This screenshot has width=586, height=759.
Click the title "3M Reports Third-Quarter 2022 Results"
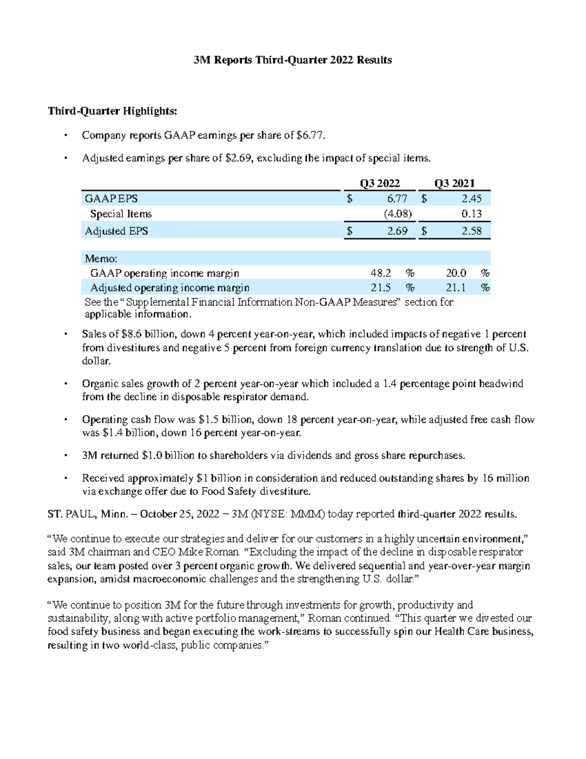[293, 60]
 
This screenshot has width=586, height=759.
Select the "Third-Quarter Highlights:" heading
[112, 111]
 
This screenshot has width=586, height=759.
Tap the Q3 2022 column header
[380, 183]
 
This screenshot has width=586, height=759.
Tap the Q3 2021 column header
[455, 183]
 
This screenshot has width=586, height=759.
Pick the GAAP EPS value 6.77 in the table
[397, 198]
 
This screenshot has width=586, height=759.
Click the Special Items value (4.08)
[398, 214]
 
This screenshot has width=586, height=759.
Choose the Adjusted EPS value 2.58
[472, 231]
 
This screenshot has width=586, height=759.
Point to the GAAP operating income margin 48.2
[380, 273]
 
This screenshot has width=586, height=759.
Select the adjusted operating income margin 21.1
[456, 287]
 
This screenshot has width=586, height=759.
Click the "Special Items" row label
[121, 214]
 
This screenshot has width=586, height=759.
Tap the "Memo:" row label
[101, 259]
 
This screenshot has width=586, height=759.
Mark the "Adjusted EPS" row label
[116, 231]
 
